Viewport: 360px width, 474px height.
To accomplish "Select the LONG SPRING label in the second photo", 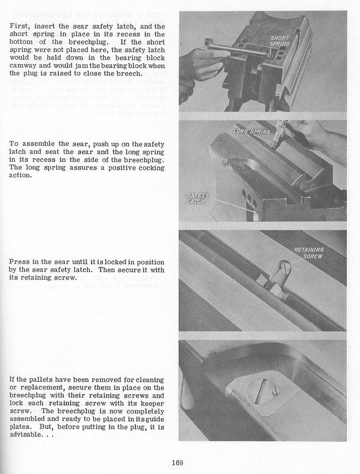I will [x=252, y=131].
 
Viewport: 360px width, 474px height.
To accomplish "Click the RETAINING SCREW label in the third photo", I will [x=309, y=253].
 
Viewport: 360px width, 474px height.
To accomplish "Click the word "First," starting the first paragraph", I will [x=20, y=26].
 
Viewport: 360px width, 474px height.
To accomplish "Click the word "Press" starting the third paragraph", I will [x=20, y=262].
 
